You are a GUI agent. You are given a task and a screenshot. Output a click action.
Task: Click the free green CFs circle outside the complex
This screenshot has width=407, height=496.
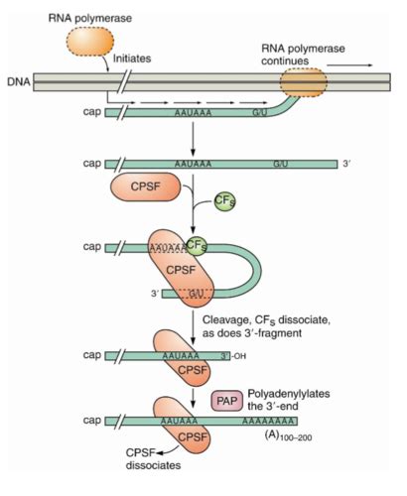click(x=225, y=202)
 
